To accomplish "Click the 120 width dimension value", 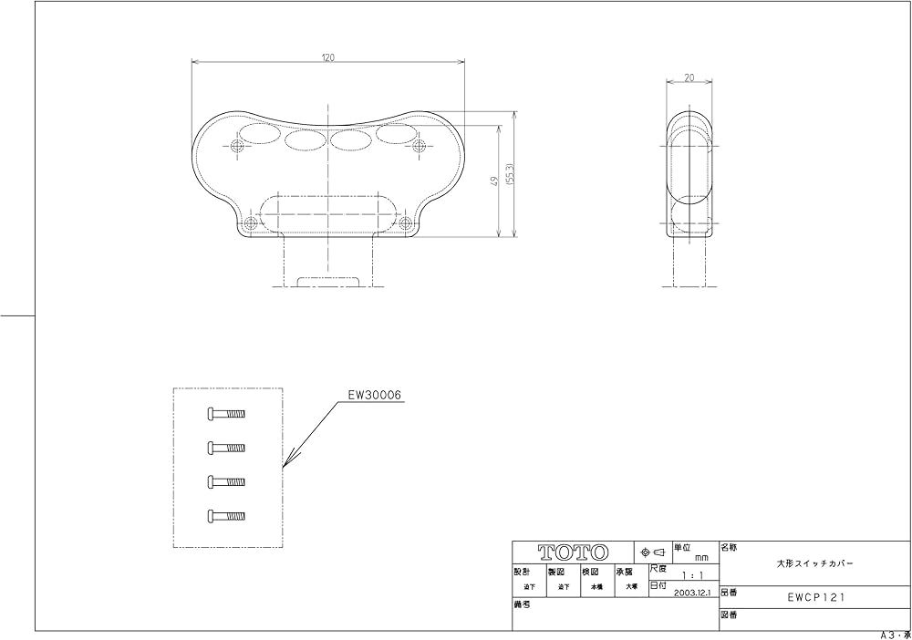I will tap(327, 57).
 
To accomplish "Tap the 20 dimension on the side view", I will tap(689, 78).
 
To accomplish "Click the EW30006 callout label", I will tap(375, 395).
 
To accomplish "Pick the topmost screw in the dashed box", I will tap(227, 413).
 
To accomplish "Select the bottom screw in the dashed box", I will tap(227, 515).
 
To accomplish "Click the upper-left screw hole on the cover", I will tap(238, 146).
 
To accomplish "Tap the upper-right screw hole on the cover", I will tap(419, 146).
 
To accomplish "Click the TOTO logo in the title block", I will tap(573, 552).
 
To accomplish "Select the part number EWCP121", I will tap(814, 598).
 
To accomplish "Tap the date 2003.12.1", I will tap(693, 591).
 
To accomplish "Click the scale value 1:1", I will tap(691, 575).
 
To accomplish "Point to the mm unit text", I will tap(701, 556).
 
